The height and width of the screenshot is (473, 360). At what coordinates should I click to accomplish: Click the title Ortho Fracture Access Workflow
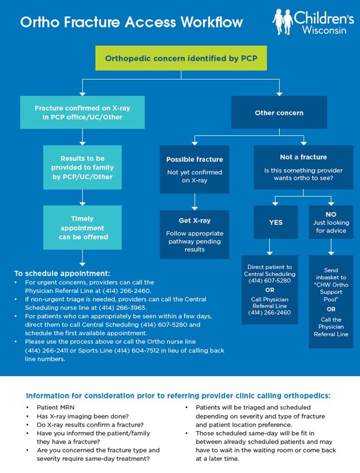coord(132,22)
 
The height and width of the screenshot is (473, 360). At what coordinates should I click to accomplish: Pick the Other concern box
coord(279,112)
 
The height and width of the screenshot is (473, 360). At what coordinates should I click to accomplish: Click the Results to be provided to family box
coord(82,167)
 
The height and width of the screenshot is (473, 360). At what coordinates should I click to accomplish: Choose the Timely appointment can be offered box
coord(82,228)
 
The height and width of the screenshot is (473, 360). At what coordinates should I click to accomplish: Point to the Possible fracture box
coord(194,168)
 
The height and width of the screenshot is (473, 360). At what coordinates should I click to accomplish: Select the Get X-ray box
coord(194,234)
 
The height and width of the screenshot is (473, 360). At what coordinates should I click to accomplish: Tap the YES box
coord(276,222)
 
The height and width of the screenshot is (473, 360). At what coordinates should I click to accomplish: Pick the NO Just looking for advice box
coord(331,222)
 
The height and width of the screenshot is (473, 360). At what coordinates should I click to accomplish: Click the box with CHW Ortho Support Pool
coord(331,302)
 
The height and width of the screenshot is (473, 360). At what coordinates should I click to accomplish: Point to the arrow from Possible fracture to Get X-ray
coord(194,202)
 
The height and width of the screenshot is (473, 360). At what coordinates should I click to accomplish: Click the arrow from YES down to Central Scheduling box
coord(270,247)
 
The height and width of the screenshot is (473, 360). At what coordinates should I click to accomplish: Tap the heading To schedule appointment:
coord(62,273)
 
